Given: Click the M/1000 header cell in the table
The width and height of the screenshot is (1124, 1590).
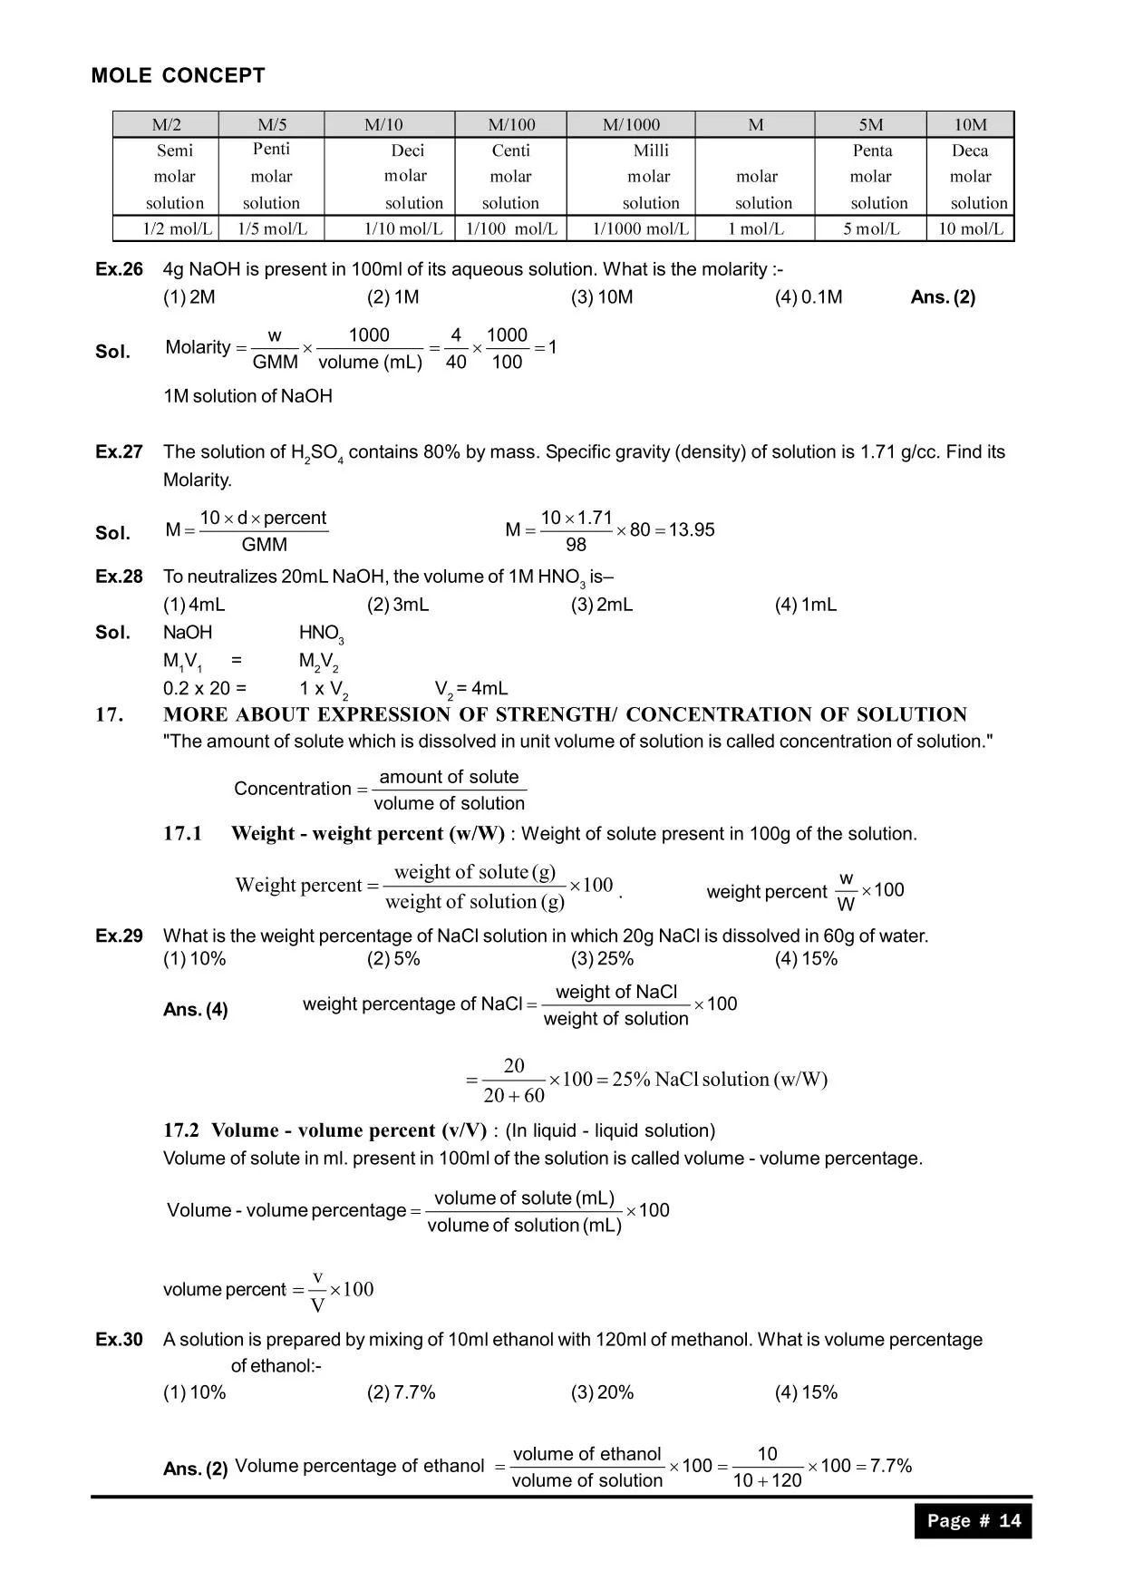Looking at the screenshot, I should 631,124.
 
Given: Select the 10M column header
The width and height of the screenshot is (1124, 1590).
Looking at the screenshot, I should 970,124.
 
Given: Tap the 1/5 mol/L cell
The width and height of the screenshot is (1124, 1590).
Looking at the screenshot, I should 272,228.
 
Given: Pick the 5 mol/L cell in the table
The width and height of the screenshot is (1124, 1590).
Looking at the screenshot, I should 871,228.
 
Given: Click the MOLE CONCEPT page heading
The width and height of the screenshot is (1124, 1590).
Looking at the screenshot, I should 178,75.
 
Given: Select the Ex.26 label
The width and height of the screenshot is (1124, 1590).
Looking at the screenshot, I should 119,269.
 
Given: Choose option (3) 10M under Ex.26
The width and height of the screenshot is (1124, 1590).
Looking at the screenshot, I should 602,296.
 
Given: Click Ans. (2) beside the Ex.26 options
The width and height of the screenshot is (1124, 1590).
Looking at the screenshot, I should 943,296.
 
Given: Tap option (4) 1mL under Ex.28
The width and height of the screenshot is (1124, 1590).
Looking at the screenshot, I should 806,605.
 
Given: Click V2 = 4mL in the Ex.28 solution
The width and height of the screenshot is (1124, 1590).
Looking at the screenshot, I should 471,689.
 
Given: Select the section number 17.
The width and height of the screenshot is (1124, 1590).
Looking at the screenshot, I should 109,714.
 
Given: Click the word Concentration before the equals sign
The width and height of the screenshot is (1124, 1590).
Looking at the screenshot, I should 292,789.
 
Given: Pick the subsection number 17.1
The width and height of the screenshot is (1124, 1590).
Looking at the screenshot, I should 182,833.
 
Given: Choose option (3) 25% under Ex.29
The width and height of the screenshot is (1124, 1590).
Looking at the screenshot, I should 602,959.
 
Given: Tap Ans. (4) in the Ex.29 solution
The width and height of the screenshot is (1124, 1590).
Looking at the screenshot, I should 195,1009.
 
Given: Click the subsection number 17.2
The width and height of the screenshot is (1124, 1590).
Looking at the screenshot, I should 181,1130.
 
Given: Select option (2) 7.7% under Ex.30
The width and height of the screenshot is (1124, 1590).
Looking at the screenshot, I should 401,1392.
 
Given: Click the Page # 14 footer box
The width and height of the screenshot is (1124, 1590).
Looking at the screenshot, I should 973,1520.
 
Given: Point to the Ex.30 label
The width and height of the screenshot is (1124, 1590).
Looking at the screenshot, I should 119,1339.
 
